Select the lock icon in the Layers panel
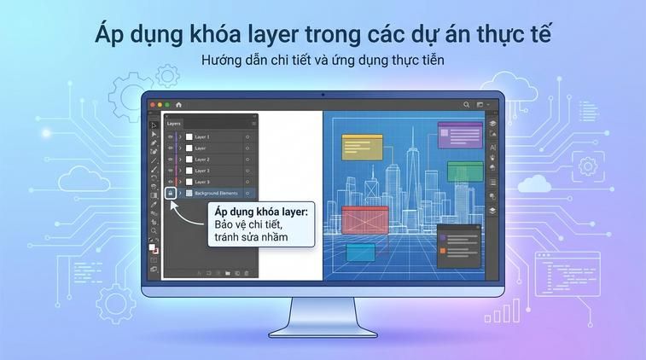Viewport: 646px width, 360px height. [171, 194]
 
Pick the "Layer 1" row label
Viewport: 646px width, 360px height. [202, 136]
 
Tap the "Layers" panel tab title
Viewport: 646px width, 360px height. [174, 124]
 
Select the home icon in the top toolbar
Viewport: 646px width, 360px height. [179, 104]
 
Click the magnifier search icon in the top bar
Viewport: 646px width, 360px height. [467, 104]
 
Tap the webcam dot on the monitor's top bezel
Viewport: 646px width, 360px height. [323, 93]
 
